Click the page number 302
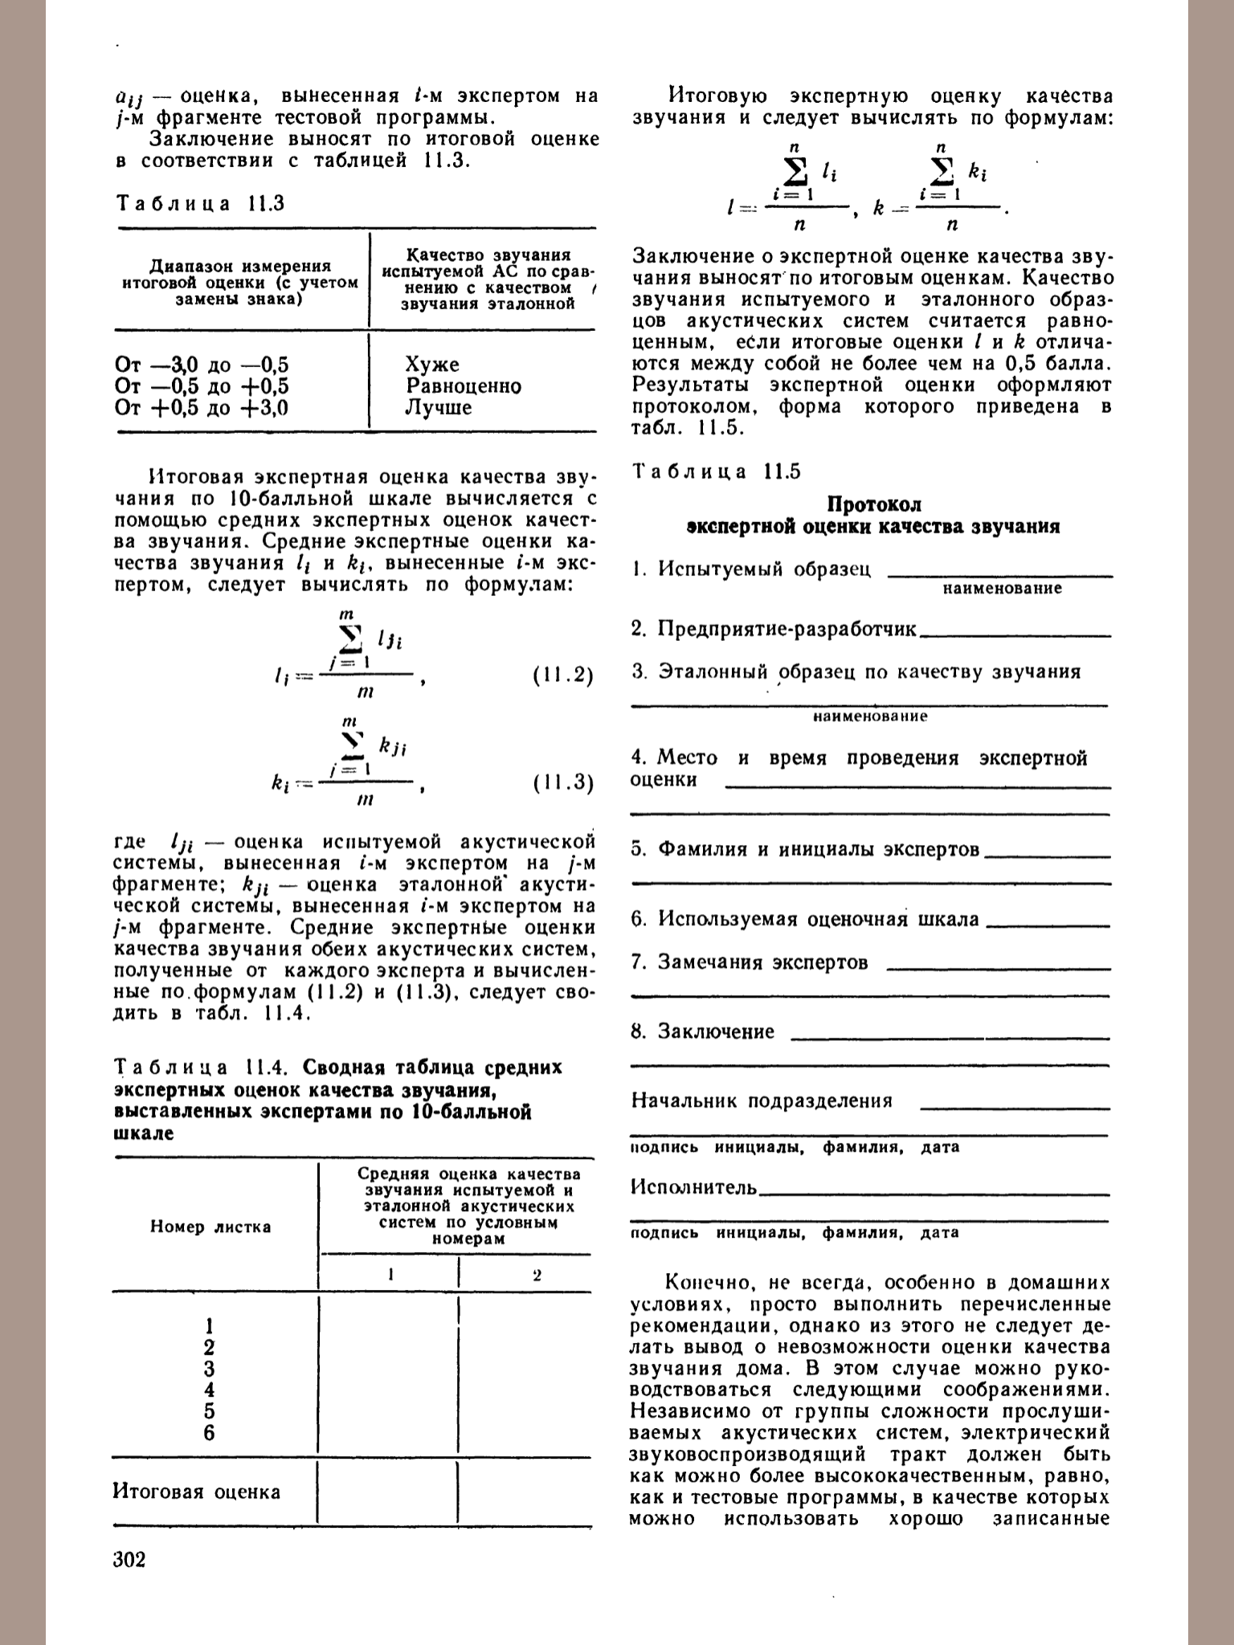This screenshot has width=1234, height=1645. [130, 1561]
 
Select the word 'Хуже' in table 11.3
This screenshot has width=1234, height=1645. [432, 365]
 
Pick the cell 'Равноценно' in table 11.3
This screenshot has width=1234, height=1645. [464, 386]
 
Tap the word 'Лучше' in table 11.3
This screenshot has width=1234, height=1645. [439, 408]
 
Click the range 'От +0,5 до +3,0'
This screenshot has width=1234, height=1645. [202, 408]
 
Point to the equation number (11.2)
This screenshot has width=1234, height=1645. [563, 676]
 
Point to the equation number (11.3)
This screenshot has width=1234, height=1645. [563, 783]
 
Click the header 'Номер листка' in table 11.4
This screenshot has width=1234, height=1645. [210, 1227]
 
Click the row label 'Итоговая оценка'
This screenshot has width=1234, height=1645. [197, 1492]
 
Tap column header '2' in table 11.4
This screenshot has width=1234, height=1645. [537, 1275]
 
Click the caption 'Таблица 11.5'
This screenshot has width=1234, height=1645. [717, 471]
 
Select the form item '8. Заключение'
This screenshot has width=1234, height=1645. [704, 1031]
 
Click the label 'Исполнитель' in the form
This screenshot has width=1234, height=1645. [694, 1187]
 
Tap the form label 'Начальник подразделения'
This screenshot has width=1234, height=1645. [762, 1100]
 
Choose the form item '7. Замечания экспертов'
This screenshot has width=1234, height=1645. [750, 962]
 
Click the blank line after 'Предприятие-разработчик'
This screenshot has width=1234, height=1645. [1015, 635]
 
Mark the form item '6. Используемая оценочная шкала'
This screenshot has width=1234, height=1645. [805, 919]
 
